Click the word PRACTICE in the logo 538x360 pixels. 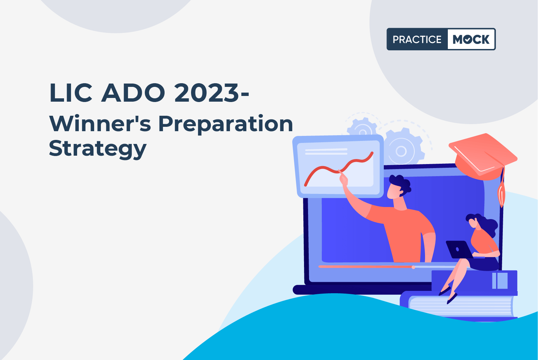417,39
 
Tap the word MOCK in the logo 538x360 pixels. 471,39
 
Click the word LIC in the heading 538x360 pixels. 71,93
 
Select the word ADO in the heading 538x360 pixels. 133,93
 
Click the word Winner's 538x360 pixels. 100,124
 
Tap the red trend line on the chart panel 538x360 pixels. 339,170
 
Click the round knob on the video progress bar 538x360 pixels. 413,267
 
